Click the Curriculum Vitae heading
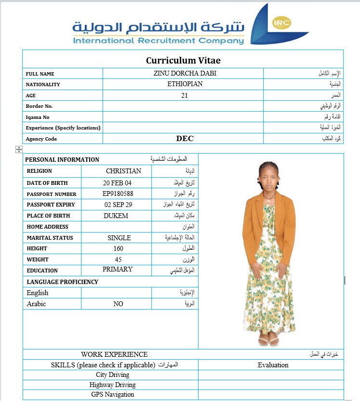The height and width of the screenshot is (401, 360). [183, 61]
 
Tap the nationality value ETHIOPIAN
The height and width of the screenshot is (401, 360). [185, 84]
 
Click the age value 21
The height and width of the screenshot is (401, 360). [185, 95]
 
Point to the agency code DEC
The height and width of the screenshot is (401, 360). [185, 139]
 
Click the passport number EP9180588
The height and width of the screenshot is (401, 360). [118, 194]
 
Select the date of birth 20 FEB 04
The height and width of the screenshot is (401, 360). [117, 183]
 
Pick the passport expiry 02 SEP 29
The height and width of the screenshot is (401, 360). [118, 205]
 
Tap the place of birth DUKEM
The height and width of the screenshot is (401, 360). [116, 216]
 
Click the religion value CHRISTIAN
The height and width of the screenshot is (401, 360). [123, 171]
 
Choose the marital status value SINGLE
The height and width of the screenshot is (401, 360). [119, 238]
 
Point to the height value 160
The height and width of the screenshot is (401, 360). [118, 248]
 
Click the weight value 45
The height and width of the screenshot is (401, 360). [118, 259]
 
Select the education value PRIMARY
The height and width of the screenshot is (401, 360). [118, 270]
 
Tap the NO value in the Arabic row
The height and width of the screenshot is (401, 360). [118, 304]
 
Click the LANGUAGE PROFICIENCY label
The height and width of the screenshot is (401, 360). [62, 282]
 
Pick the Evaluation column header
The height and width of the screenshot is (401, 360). [273, 365]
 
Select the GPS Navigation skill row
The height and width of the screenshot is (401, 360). [112, 395]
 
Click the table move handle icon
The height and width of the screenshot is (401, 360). [19, 150]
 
